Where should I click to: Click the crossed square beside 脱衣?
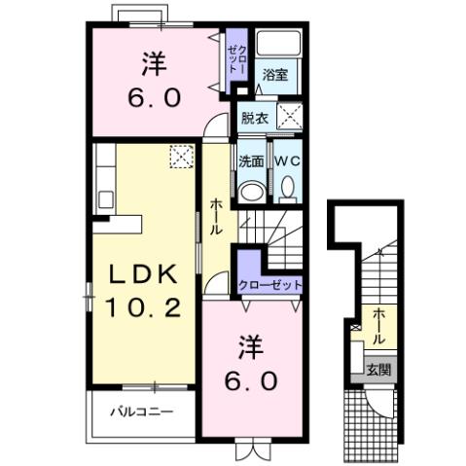point(289,115)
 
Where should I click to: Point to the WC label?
point(287,160)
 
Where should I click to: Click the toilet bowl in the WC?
point(287,186)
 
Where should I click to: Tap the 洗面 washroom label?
point(250,160)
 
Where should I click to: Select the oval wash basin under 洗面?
point(251,189)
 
